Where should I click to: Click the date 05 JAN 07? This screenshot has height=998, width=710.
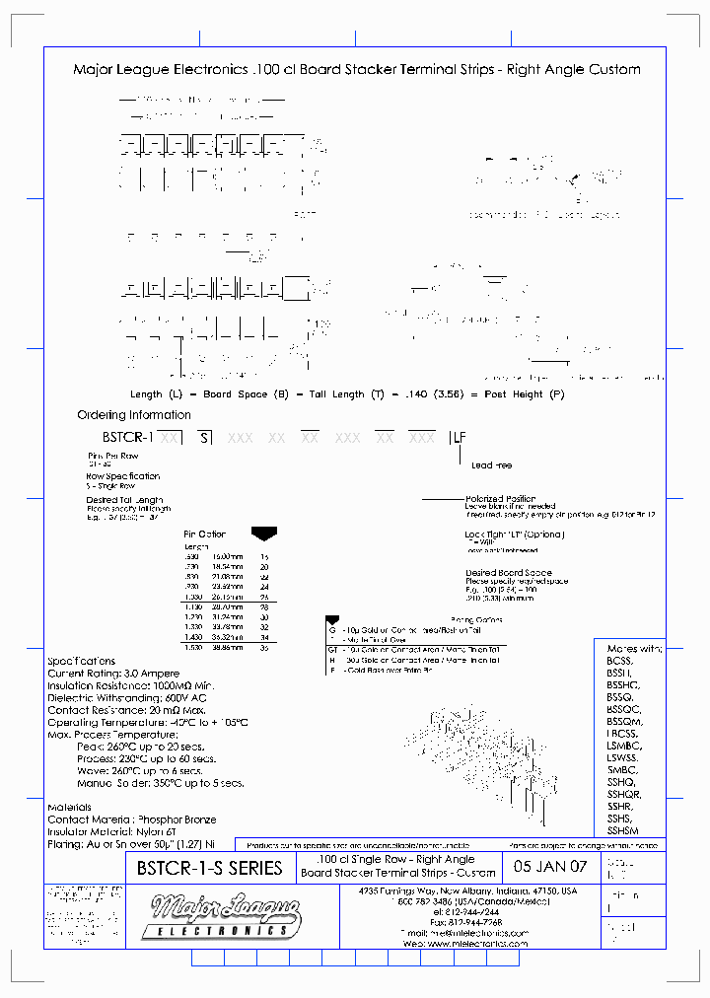click(550, 868)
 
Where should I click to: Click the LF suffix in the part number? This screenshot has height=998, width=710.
click(460, 436)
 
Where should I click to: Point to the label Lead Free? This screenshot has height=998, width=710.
click(491, 464)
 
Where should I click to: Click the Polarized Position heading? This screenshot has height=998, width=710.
click(500, 499)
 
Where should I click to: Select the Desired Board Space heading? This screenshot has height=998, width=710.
click(508, 573)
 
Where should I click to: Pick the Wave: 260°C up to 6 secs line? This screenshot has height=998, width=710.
click(159, 771)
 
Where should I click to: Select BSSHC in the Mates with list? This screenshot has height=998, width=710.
click(624, 684)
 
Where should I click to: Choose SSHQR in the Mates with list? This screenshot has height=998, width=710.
click(624, 794)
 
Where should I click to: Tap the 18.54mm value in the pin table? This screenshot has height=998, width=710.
click(227, 567)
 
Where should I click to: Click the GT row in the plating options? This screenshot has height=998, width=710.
click(333, 650)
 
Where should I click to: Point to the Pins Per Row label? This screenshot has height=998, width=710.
click(113, 456)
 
